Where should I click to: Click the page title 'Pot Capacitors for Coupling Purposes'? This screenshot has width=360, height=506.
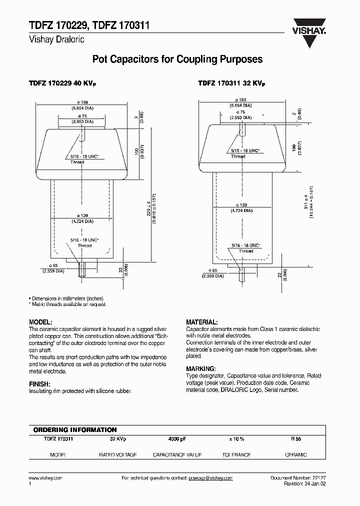click(x=177, y=59)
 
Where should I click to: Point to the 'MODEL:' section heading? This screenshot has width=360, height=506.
click(x=40, y=322)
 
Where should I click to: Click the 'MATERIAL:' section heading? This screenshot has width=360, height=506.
click(x=201, y=322)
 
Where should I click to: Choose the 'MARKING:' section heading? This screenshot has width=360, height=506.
click(x=200, y=368)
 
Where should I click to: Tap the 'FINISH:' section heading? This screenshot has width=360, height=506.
click(x=39, y=383)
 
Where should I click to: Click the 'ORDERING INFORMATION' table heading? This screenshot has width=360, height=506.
click(x=75, y=430)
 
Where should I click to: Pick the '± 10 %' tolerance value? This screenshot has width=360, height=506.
click(x=236, y=438)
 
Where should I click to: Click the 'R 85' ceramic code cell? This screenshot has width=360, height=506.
click(x=296, y=438)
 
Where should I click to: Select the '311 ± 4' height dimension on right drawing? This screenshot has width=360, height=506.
click(x=306, y=200)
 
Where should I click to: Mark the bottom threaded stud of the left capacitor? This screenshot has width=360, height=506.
click(x=83, y=270)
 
